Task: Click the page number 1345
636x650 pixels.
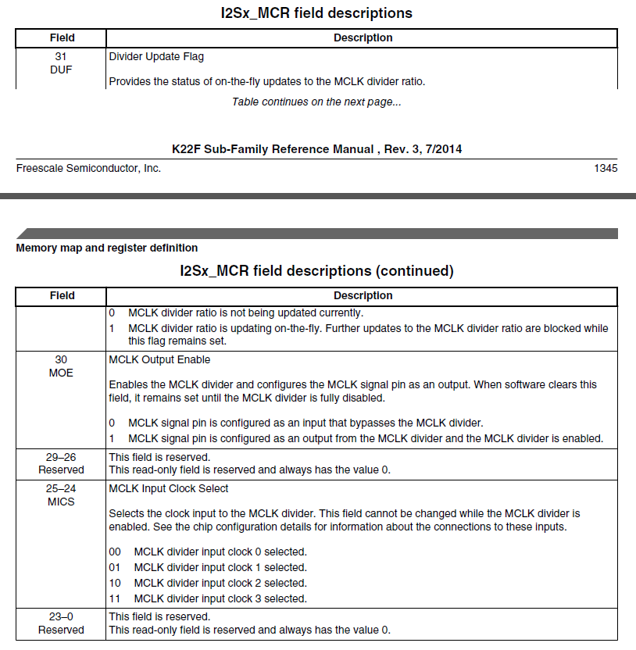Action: (x=606, y=168)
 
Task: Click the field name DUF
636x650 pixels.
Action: (x=61, y=70)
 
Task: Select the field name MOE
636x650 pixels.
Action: (x=61, y=373)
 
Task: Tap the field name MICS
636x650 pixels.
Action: (x=61, y=502)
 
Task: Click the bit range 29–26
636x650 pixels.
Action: (x=61, y=457)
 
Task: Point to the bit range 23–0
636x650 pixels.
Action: (x=61, y=616)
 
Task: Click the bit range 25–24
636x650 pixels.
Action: (x=61, y=488)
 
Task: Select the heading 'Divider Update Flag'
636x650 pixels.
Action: (x=156, y=56)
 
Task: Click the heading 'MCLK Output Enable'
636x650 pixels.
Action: (x=159, y=359)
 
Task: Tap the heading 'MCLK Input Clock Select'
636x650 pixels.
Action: (x=169, y=488)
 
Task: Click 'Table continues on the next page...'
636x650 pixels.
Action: (x=316, y=102)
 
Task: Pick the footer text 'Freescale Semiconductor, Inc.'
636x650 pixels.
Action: (x=88, y=168)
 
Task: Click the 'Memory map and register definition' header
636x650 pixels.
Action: (x=107, y=248)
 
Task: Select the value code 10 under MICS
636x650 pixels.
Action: (x=115, y=583)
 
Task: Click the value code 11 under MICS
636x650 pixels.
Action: (x=115, y=598)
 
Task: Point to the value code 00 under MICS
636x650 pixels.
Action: (x=115, y=552)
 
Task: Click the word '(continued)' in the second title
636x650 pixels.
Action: (x=414, y=271)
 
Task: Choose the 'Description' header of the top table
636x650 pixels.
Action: (x=363, y=37)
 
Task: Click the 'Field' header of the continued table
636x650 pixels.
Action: (x=62, y=295)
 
